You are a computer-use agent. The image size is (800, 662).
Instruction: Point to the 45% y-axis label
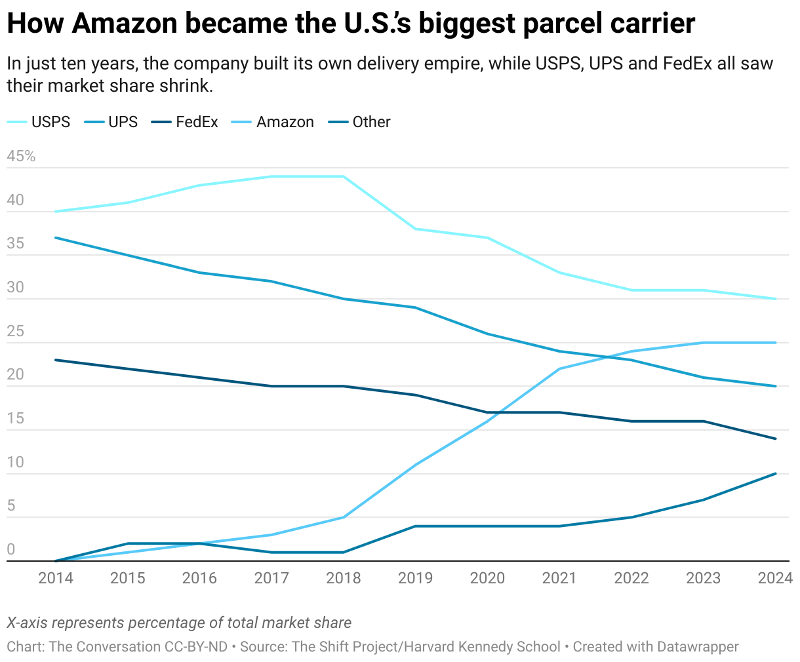click(21, 157)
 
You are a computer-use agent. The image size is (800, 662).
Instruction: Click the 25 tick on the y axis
click(15, 332)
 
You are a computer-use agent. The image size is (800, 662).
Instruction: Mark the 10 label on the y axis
click(15, 463)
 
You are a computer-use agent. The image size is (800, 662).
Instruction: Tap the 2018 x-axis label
click(344, 578)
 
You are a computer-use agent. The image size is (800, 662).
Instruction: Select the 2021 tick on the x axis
click(559, 578)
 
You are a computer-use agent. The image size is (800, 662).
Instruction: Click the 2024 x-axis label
click(775, 578)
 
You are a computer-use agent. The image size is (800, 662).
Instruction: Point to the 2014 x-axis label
click(56, 578)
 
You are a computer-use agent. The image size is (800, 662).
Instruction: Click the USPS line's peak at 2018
click(344, 176)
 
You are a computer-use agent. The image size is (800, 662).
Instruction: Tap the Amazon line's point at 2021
click(559, 369)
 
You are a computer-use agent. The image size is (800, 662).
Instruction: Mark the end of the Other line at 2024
click(776, 473)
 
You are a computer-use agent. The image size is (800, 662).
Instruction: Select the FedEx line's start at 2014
click(56, 360)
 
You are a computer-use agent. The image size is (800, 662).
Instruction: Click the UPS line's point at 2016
click(199, 273)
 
